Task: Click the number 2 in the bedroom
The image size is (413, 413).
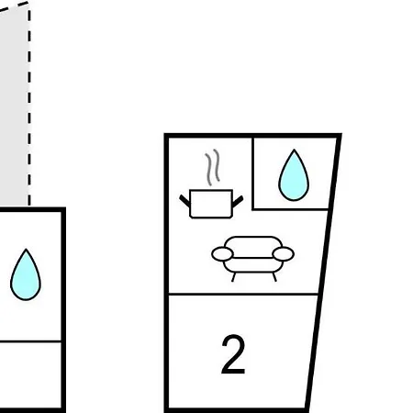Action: click(233, 354)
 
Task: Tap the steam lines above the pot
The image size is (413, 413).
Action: click(213, 167)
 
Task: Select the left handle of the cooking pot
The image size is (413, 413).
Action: click(184, 201)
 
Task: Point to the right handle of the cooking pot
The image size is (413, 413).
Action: click(238, 201)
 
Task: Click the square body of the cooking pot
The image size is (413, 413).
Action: click(211, 204)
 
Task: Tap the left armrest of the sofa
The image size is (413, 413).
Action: click(222, 254)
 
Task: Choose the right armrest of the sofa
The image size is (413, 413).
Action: click(284, 254)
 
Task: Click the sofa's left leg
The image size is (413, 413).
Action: click(234, 277)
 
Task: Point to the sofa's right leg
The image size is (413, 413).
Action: click(274, 277)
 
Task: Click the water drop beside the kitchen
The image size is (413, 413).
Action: click(294, 175)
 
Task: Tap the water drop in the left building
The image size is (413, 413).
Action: click(26, 274)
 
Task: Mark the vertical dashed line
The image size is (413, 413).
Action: click(29, 104)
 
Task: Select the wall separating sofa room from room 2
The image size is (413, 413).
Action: click(243, 294)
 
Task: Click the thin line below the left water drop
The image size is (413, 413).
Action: click(30, 341)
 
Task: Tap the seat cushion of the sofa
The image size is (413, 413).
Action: click(253, 265)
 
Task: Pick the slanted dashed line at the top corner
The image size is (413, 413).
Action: click(14, 6)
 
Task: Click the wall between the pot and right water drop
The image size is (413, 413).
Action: click(253, 173)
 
